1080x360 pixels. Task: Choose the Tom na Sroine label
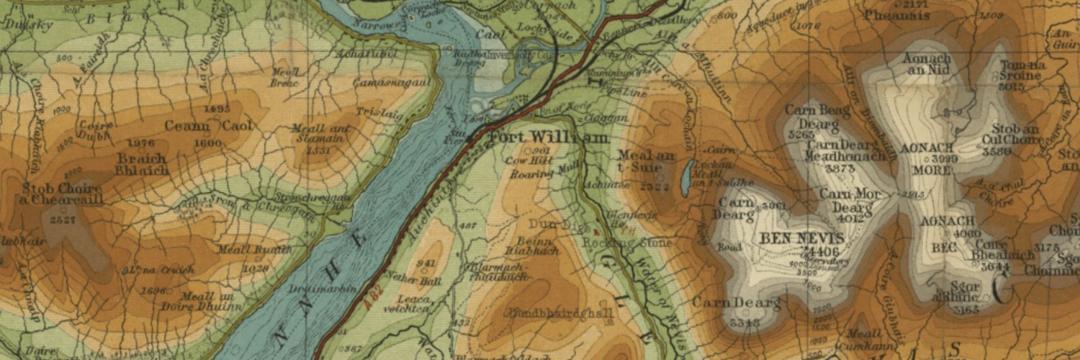[1022, 71]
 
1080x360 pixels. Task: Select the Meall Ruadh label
[266, 250]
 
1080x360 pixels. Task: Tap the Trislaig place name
[376, 112]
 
